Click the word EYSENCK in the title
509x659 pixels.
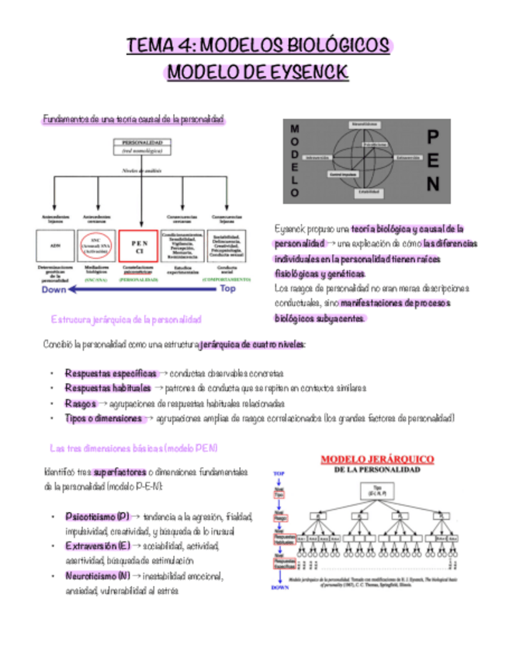tap(308, 73)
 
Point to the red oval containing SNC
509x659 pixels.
tap(96, 244)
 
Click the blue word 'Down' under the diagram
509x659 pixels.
tap(54, 288)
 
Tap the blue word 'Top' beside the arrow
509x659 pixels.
tap(227, 288)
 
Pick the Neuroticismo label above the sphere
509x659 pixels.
tap(364, 124)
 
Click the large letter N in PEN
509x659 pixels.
tap(433, 185)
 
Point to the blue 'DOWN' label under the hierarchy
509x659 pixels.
tap(280, 588)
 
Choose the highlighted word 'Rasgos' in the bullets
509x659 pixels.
tap(81, 404)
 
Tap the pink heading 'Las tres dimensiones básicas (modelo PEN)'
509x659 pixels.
tap(133, 449)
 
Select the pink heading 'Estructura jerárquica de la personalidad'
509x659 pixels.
tap(126, 319)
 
